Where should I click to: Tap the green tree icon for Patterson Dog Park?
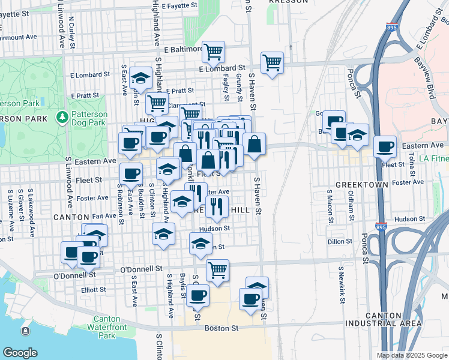click(61, 115)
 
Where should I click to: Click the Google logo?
click(20, 353)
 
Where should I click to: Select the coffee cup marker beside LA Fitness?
click(385, 146)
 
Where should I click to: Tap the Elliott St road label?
click(94, 289)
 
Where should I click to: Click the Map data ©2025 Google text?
click(411, 355)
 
